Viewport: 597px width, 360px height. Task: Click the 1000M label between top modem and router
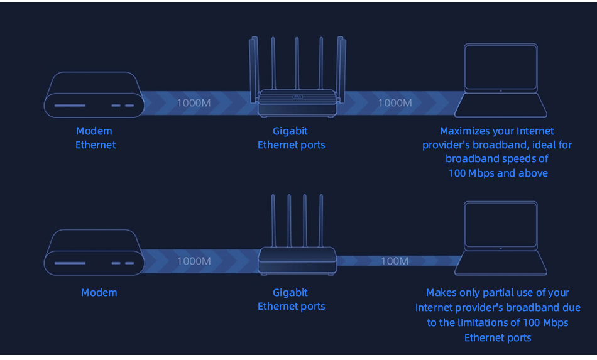pyautogui.click(x=194, y=102)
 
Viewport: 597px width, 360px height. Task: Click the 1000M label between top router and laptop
pyautogui.click(x=395, y=102)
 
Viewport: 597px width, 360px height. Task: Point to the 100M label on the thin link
pyautogui.click(x=395, y=261)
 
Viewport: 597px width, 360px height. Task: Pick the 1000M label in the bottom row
pyautogui.click(x=194, y=261)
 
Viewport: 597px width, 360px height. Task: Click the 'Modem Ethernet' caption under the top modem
pyautogui.click(x=95, y=138)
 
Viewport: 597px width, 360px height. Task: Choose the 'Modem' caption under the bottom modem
pyautogui.click(x=99, y=292)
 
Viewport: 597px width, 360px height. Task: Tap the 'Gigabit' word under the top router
pyautogui.click(x=290, y=131)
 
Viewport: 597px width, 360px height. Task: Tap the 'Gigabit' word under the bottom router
pyautogui.click(x=290, y=292)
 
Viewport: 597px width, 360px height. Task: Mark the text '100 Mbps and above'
pyautogui.click(x=498, y=173)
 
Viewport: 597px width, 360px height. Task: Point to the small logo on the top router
pyautogui.click(x=298, y=97)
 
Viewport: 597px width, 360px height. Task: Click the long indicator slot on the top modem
pyautogui.click(x=69, y=105)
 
